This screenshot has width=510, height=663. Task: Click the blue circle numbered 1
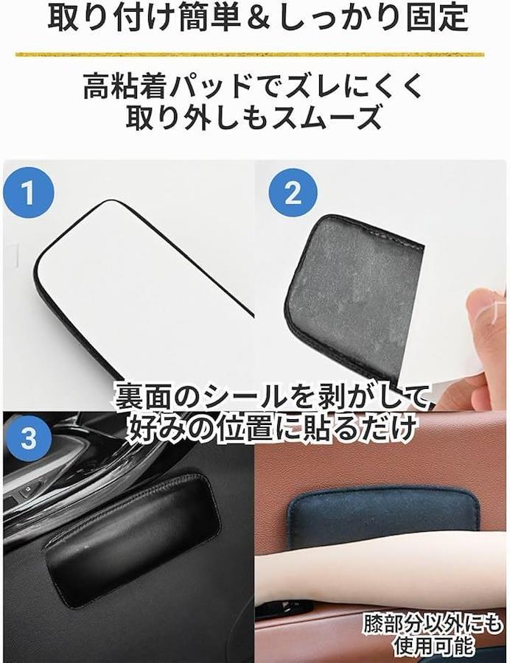point(28,192)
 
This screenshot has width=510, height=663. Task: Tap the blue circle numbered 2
point(293,193)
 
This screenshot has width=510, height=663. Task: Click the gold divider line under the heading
point(250,55)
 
